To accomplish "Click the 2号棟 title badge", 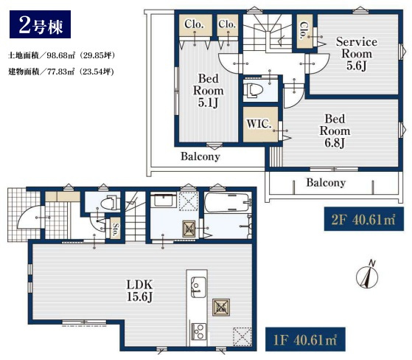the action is click(x=40, y=24).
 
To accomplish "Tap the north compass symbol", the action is click(x=367, y=275).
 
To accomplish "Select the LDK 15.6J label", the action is click(x=139, y=291).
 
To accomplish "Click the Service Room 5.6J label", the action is click(x=357, y=54).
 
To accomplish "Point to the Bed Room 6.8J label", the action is click(x=335, y=131).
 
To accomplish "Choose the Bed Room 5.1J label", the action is click(x=208, y=91).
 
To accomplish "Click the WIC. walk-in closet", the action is click(x=260, y=124).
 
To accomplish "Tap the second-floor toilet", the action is click(x=254, y=90).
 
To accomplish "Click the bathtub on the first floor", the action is click(x=227, y=203).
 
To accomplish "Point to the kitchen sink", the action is click(x=198, y=287).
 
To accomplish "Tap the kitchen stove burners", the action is click(x=198, y=331).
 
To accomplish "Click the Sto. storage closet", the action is click(x=115, y=228).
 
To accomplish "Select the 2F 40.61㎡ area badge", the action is click(x=363, y=219).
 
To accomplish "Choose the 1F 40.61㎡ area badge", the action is click(x=305, y=339).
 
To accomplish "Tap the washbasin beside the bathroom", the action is click(x=163, y=201).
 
